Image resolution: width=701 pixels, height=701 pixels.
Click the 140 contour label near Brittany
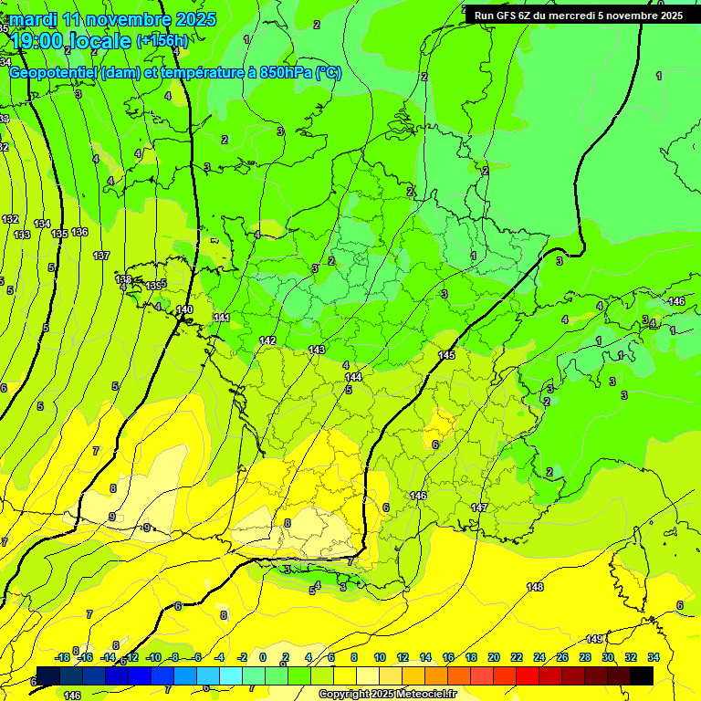point(185,310)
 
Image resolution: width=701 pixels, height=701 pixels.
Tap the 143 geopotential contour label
point(317,350)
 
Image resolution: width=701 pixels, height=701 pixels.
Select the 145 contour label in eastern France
point(446,355)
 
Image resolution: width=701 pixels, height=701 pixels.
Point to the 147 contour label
point(479,507)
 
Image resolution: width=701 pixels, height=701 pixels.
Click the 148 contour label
point(535,586)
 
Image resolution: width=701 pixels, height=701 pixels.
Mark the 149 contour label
point(594,638)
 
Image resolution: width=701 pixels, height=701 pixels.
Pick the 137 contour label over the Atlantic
point(101,256)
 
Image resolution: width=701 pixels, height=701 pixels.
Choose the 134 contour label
point(42,224)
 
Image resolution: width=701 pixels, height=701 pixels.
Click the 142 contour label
point(267,340)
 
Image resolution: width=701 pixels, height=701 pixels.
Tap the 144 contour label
point(353,376)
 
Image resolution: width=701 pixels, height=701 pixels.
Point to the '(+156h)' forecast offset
point(162,40)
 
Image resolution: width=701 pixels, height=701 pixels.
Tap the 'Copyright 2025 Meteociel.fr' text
point(387,695)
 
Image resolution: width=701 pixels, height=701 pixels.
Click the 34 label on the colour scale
point(654,657)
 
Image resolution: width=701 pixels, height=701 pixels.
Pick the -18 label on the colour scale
point(62,657)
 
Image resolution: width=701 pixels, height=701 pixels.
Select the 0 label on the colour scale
point(263,657)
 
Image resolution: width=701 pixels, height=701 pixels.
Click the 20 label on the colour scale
point(494,657)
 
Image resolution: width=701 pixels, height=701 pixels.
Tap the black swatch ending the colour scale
point(641,675)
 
